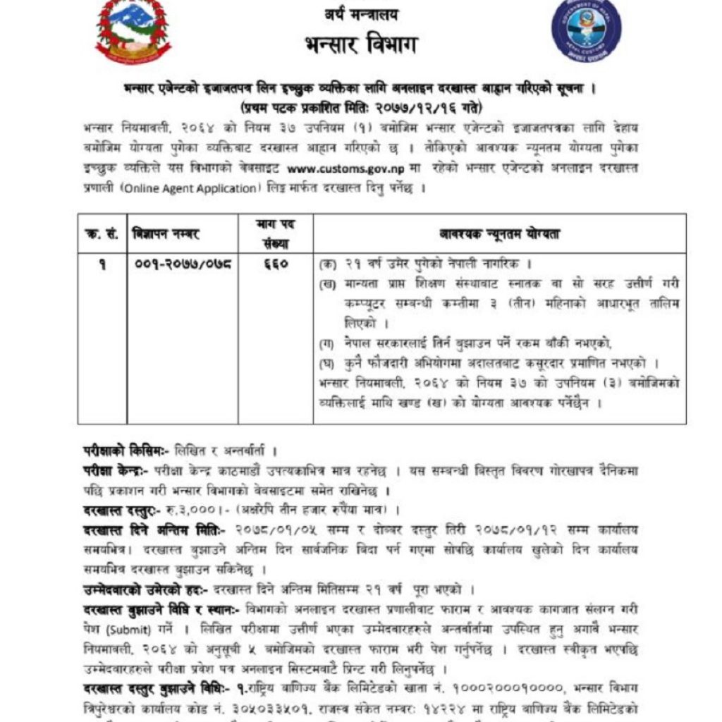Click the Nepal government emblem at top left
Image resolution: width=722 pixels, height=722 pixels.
133,31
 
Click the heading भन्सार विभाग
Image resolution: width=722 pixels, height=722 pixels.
361,46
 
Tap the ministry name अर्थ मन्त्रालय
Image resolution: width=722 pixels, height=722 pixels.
361,14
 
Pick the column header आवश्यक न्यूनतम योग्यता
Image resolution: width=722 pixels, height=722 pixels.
499,233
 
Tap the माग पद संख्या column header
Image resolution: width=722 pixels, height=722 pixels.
276,233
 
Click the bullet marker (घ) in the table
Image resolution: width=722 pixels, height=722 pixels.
327,363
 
